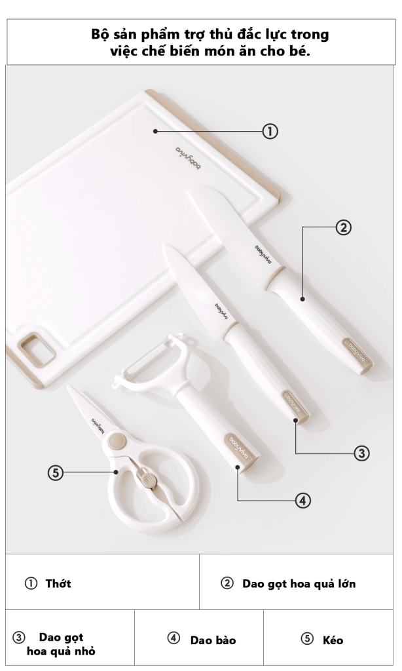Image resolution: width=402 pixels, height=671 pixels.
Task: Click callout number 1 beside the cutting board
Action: tap(270, 131)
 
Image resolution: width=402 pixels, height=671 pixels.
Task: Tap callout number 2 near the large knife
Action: tap(344, 227)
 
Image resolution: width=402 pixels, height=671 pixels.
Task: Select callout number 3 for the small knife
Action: tap(362, 453)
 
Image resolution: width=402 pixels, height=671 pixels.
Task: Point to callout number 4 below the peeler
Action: tap(302, 500)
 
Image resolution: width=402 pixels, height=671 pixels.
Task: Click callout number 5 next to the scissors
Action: tap(55, 473)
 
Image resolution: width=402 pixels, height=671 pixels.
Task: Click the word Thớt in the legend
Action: tap(58, 583)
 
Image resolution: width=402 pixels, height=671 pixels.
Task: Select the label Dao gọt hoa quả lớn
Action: tap(299, 584)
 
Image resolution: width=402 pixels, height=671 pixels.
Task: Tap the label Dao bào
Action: tap(213, 640)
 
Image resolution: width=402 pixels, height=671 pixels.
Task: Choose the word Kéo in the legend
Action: tap(333, 640)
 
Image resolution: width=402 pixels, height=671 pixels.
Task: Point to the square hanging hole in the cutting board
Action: tap(37, 350)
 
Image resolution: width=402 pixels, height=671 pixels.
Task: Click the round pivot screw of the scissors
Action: tap(117, 441)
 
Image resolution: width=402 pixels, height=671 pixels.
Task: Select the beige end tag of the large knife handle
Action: tap(357, 355)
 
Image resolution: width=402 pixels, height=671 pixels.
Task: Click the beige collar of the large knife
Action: tap(274, 278)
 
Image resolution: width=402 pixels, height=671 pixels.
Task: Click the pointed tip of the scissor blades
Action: tap(69, 387)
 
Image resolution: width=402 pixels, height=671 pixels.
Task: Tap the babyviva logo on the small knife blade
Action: tap(221, 311)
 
